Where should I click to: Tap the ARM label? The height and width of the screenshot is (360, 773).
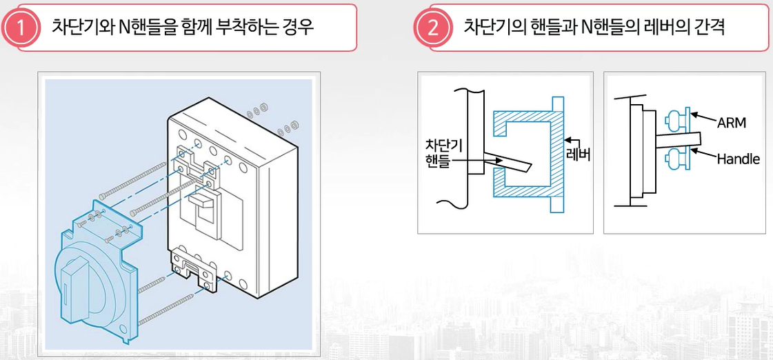coord(731,123)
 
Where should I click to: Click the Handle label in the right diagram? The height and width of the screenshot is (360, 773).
coord(738,159)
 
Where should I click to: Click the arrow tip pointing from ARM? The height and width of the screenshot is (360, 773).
coord(693,116)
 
